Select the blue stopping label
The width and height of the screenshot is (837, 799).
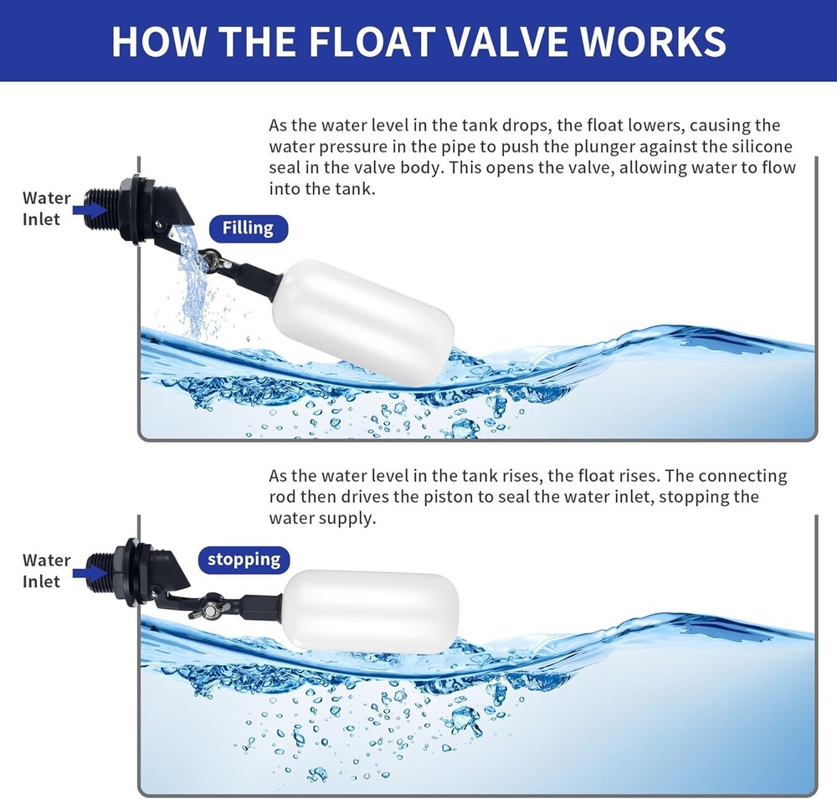(244, 559)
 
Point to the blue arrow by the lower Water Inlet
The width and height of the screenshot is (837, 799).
(89, 571)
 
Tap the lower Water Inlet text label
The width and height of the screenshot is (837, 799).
(46, 571)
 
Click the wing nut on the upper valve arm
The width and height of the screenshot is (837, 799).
(214, 260)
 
